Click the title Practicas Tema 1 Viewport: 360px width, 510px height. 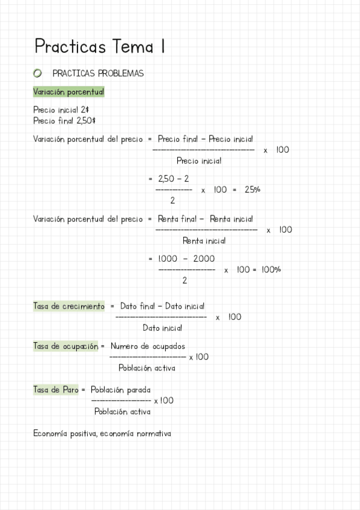click(x=100, y=46)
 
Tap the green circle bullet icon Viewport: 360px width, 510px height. click(x=38, y=73)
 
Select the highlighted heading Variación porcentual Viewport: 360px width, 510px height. click(x=69, y=92)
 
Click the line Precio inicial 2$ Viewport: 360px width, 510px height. click(x=61, y=110)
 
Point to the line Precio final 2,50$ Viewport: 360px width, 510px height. click(x=64, y=120)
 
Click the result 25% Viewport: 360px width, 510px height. click(x=252, y=189)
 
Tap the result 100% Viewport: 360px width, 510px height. click(x=271, y=269)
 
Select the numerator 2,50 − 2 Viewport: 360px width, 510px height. click(x=173, y=179)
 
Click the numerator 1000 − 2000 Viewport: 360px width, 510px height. click(x=186, y=259)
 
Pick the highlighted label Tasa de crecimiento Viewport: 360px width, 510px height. click(x=69, y=306)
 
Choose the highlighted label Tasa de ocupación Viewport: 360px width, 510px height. click(x=66, y=346)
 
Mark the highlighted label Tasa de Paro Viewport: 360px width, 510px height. click(x=55, y=390)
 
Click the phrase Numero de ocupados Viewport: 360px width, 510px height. click(x=148, y=346)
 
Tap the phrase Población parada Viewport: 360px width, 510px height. click(x=121, y=390)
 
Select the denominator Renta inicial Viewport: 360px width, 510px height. click(x=204, y=241)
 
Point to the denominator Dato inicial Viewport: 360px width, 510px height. click(x=162, y=328)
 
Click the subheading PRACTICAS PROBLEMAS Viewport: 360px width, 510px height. click(x=98, y=73)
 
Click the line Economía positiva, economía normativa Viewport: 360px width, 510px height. click(x=102, y=433)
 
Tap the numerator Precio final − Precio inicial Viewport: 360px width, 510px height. click(x=205, y=139)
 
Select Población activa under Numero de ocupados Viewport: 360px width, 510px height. click(x=147, y=368)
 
